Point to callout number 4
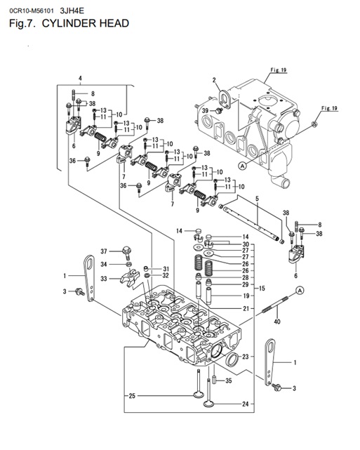[x=80, y=77]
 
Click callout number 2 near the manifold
[x=213, y=80]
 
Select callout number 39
[x=205, y=111]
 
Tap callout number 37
[x=103, y=251]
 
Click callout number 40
[x=276, y=322]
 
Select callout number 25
[x=132, y=397]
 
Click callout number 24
[x=245, y=404]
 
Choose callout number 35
[x=227, y=380]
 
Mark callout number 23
[x=245, y=357]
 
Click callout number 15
[x=262, y=289]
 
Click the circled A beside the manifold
[x=242, y=166]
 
